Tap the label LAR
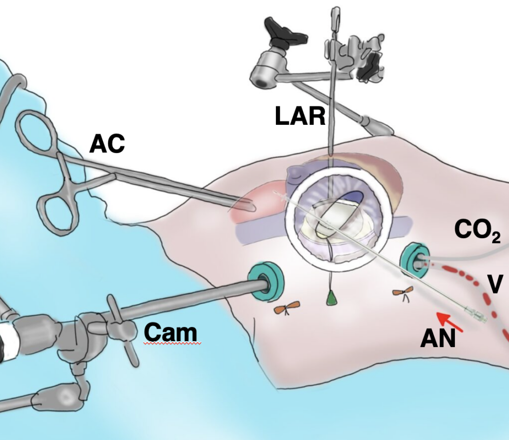tap(300, 117)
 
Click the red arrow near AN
tap(450, 321)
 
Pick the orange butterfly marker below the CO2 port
tap(401, 293)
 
